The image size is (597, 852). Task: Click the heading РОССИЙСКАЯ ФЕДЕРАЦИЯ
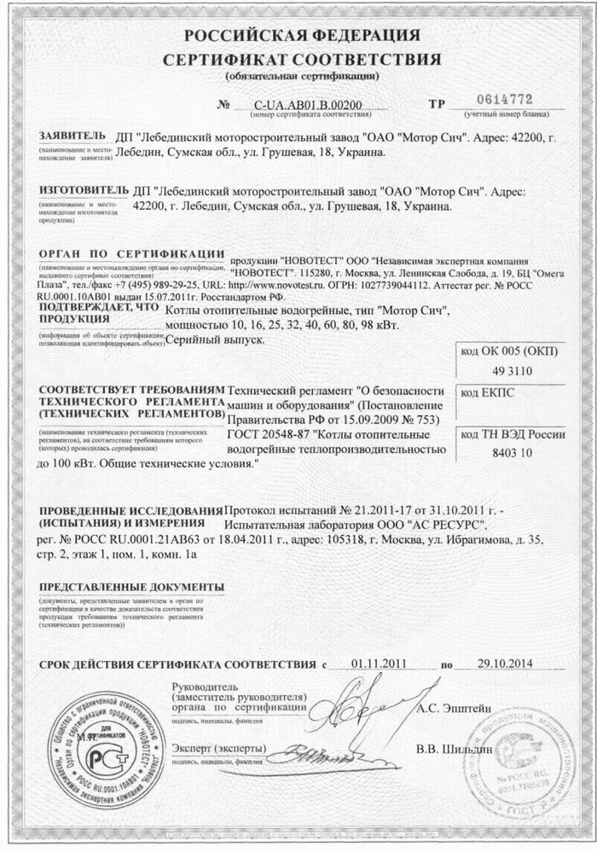click(x=298, y=37)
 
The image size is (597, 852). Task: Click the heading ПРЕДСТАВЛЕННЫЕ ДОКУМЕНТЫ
click(x=129, y=588)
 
